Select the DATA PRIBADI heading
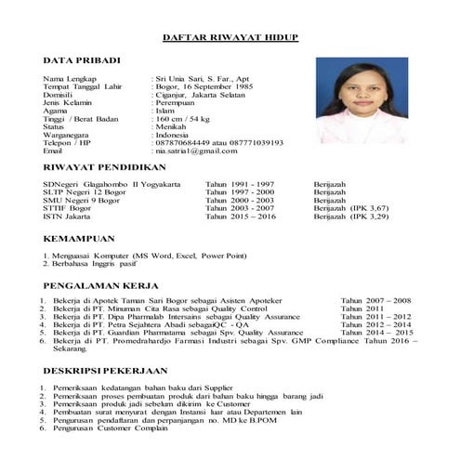[82, 60]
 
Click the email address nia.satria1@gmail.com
[198, 150]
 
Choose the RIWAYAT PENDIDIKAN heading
[104, 167]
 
